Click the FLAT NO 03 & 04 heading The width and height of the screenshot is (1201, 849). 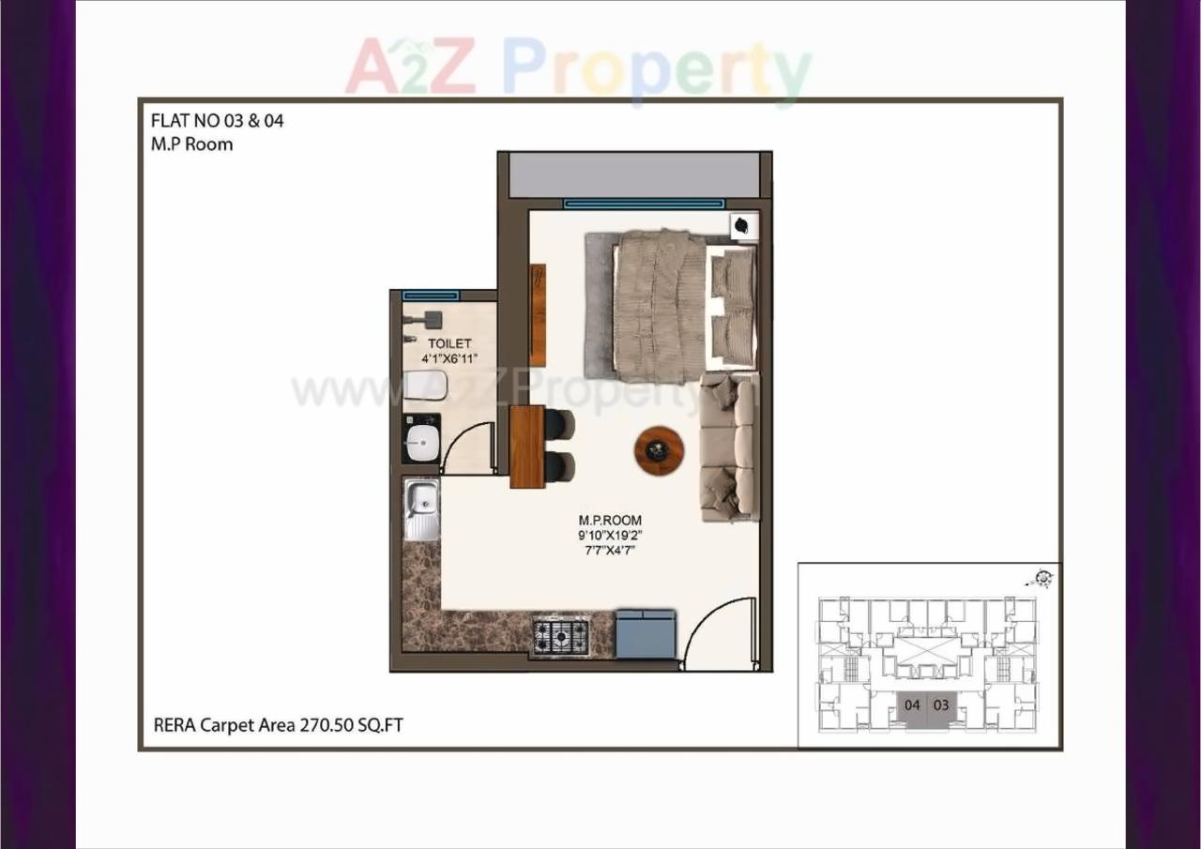coord(217,121)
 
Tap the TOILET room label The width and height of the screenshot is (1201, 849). coord(449,344)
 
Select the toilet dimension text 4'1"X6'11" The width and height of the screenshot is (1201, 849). coord(449,358)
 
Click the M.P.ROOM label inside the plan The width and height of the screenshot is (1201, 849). coord(610,520)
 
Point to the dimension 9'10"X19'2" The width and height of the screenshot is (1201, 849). coord(610,535)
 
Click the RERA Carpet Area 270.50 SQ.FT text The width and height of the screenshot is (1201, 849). coord(279,724)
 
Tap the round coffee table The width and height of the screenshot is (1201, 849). coord(659,451)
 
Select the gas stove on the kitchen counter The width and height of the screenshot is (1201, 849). coord(560,636)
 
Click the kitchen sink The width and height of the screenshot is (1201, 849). coord(421,509)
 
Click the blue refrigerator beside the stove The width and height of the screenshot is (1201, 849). coord(646,633)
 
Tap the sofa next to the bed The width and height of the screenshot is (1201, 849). coord(729,447)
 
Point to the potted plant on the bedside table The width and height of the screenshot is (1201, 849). coord(743,225)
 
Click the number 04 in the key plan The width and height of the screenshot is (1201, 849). coord(912,705)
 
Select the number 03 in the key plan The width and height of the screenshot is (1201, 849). coord(941,705)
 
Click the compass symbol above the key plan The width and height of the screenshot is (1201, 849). coord(1041,578)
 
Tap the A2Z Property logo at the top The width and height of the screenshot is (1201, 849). coord(578,68)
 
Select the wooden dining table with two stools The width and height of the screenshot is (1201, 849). coord(526,447)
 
